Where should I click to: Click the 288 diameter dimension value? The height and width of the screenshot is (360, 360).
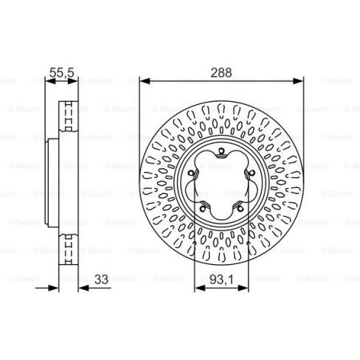click(221, 73)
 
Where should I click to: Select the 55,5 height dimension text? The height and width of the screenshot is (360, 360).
click(62, 73)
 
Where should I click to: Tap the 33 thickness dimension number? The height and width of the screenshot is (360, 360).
click(101, 280)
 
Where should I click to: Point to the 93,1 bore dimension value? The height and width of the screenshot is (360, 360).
click(221, 280)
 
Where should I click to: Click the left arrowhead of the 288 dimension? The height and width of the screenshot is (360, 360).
click(145, 80)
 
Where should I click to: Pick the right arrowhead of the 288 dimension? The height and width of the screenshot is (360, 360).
click(298, 80)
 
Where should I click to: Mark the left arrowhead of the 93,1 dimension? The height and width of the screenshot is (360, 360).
click(200, 288)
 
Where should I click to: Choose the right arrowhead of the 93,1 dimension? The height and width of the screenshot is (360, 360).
click(243, 288)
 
